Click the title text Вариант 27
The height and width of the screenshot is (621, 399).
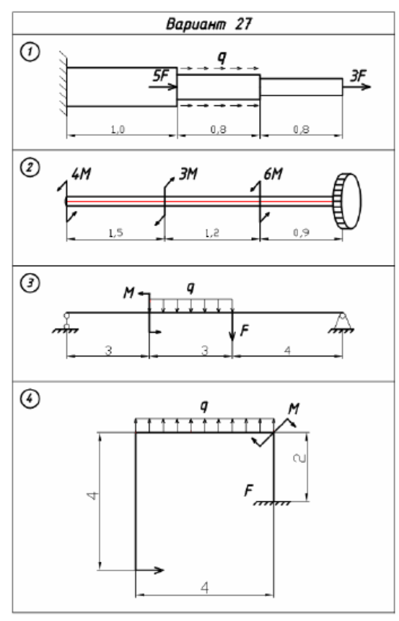209,24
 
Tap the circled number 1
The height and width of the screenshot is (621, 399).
30,52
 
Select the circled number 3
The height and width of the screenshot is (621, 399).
30,283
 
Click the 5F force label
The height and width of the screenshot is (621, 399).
161,75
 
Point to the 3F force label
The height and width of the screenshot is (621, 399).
358,75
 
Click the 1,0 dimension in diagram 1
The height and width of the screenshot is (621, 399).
117,129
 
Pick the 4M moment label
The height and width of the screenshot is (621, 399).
81,174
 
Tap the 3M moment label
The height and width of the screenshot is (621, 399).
188,174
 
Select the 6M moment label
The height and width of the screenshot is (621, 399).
273,174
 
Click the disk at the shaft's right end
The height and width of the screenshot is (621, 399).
348,201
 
